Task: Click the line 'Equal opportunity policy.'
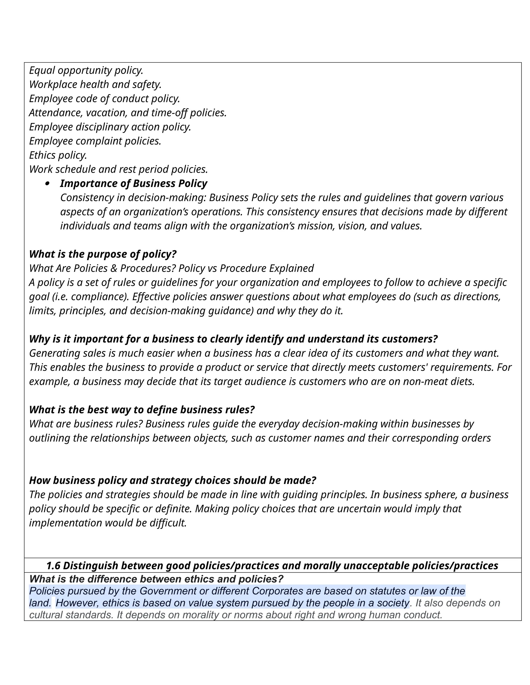click(x=86, y=70)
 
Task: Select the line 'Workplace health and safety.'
click(x=95, y=84)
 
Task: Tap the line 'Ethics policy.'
click(x=58, y=155)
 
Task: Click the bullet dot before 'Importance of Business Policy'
click(x=47, y=184)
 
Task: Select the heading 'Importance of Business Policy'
click(x=134, y=184)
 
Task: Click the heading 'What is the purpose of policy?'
click(x=103, y=254)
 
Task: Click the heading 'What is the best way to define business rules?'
click(x=142, y=410)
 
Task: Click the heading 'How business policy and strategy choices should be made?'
click(x=172, y=481)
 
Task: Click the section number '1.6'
click(x=53, y=566)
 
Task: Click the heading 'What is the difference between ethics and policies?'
click(x=156, y=579)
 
